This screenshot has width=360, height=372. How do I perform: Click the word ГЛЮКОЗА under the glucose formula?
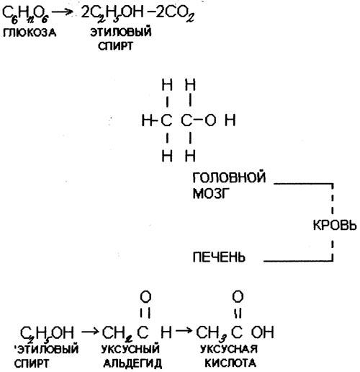tap(30, 32)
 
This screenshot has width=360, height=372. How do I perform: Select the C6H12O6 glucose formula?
tap(26, 14)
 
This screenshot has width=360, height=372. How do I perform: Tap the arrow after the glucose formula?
tap(62, 12)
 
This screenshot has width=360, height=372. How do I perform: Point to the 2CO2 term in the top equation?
tap(174, 14)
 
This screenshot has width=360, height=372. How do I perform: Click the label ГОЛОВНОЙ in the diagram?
tap(229, 177)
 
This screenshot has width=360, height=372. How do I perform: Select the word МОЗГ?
tap(211, 193)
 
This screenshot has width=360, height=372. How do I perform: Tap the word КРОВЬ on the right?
tap(335, 226)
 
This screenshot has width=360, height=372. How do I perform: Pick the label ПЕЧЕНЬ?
tap(219, 257)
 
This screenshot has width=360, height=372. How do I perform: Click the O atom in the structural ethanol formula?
tap(210, 120)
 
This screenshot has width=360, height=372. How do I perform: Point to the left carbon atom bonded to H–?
tap(166, 120)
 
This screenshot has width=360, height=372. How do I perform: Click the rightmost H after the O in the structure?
tap(230, 120)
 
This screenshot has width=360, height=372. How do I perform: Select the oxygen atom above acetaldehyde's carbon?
tap(145, 297)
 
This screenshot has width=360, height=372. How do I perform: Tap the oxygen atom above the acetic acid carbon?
tap(238, 296)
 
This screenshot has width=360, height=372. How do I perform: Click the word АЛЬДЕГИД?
tap(132, 363)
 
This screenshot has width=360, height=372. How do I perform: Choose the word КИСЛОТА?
tap(230, 363)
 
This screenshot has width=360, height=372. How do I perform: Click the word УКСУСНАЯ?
tap(229, 349)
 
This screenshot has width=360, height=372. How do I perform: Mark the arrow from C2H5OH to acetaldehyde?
tap(90, 332)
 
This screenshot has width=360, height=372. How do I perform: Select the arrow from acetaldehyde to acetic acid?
tap(184, 331)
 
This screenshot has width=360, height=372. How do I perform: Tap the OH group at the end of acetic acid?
tap(263, 332)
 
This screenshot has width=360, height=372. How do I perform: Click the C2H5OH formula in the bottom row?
tap(47, 334)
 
